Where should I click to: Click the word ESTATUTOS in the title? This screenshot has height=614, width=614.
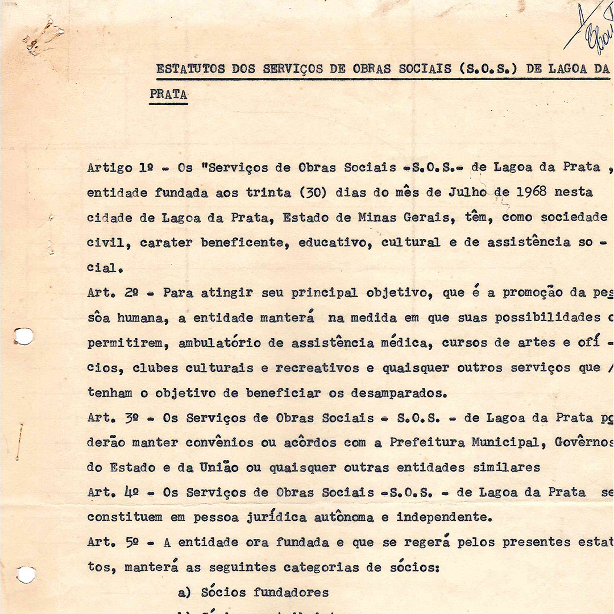click(x=190, y=69)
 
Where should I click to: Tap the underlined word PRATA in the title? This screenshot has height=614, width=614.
click(x=168, y=94)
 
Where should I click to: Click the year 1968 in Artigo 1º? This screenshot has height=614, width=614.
click(x=531, y=192)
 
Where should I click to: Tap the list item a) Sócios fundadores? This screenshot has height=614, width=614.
click(x=253, y=592)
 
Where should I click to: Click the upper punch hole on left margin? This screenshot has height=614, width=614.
click(x=23, y=336)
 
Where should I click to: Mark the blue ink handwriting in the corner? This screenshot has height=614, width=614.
click(x=591, y=26)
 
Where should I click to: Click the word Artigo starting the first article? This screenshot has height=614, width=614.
click(x=110, y=168)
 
